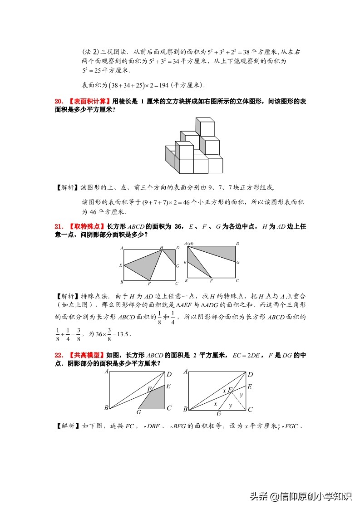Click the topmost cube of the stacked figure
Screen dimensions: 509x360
pyautogui.click(x=204, y=127)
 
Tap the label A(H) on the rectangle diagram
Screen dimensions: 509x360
pyautogui.click(x=188, y=244)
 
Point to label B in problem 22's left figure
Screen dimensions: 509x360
pyautogui.click(x=106, y=408)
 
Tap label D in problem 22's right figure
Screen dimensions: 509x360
pyautogui.click(x=250, y=374)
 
